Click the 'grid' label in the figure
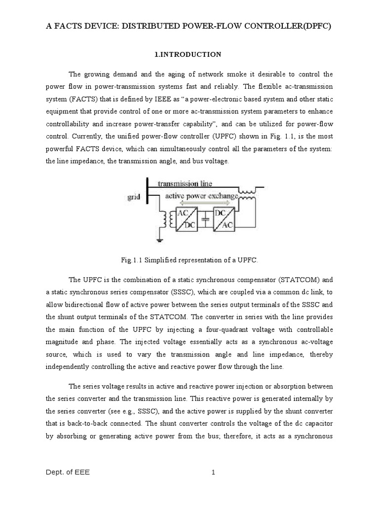tap(133, 197)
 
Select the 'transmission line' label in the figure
tap(185, 184)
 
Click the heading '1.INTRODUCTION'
tap(189, 54)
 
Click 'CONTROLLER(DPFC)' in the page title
tap(287, 29)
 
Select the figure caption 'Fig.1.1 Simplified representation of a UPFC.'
tap(189, 259)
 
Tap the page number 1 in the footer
tap(213, 473)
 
